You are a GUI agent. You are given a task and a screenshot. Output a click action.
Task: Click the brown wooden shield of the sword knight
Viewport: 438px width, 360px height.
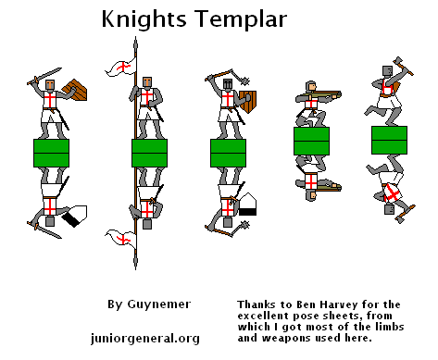point(81,91)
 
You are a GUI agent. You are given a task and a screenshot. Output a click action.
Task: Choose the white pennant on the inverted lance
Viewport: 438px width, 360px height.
point(119,239)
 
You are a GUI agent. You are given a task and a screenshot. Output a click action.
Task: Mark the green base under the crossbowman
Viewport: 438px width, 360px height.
point(311,141)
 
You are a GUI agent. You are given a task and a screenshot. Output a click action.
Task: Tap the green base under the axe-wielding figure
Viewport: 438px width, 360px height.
point(390,140)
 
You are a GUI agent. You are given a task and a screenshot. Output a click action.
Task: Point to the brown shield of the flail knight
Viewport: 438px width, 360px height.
point(249,100)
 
